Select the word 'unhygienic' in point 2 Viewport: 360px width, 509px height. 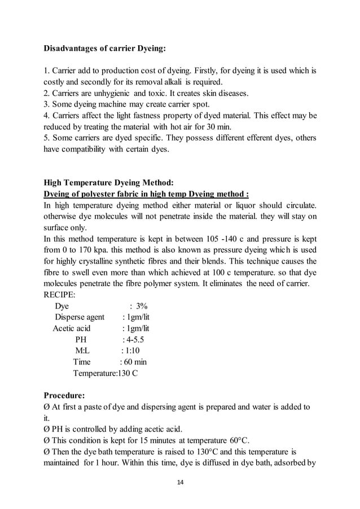click(111, 93)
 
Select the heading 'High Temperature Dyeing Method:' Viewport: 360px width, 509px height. click(109, 182)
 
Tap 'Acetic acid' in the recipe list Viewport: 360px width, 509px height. click(71, 328)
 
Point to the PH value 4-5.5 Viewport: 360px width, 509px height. click(134, 340)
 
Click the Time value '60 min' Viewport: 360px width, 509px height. click(133, 362)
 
